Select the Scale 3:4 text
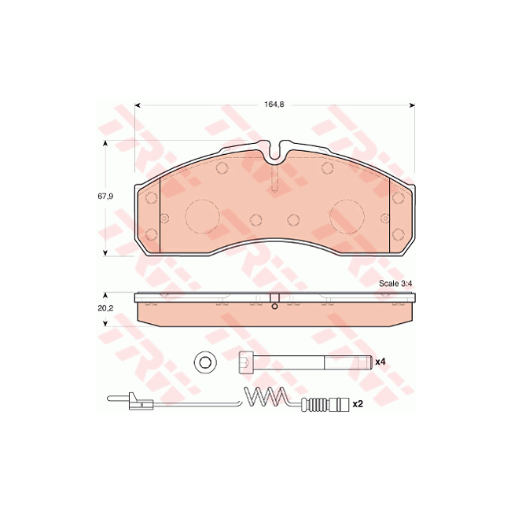(x=395, y=283)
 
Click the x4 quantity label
(x=380, y=362)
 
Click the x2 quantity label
(x=357, y=404)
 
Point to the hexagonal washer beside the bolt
(x=204, y=362)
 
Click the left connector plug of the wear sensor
(x=138, y=404)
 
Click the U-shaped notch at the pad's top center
(x=275, y=150)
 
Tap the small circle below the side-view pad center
(x=274, y=307)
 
